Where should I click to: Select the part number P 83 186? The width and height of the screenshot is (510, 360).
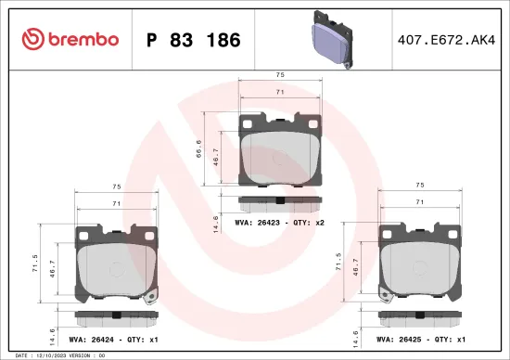click(x=194, y=40)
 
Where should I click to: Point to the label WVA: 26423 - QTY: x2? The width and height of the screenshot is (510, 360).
click(x=279, y=224)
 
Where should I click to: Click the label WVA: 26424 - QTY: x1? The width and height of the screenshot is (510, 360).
click(x=116, y=339)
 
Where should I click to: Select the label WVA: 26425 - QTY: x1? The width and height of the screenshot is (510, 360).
click(x=422, y=339)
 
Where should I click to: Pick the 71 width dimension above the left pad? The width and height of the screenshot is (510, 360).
click(x=116, y=202)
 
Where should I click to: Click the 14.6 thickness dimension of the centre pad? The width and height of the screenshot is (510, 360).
click(x=216, y=224)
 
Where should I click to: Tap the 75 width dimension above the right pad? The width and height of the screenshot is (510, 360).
click(x=420, y=185)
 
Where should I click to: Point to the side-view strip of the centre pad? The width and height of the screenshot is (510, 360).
click(x=279, y=201)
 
